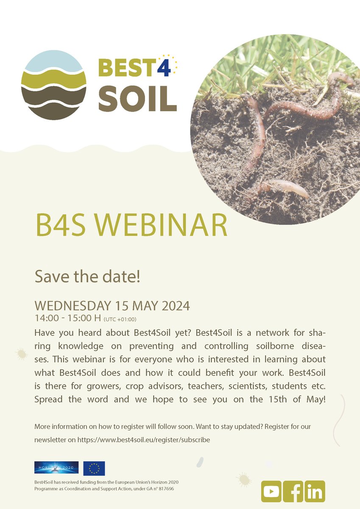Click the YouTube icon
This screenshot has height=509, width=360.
pyautogui.click(x=271, y=492)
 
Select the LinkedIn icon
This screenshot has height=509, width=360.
pyautogui.click(x=315, y=492)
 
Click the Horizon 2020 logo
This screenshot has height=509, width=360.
pyautogui.click(x=56, y=467)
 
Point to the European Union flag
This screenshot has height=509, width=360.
pyautogui.click(x=94, y=468)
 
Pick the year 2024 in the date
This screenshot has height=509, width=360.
pyautogui.click(x=173, y=306)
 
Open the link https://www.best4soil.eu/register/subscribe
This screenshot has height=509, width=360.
pyautogui.click(x=144, y=440)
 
